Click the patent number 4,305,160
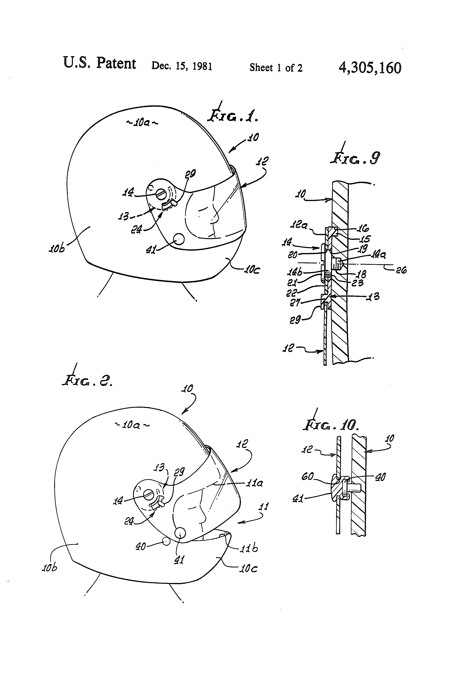[x=370, y=68]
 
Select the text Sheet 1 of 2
[x=276, y=68]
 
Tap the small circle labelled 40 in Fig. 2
[x=166, y=541]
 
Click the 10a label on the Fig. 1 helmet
[x=142, y=122]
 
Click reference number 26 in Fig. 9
[x=401, y=270]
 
